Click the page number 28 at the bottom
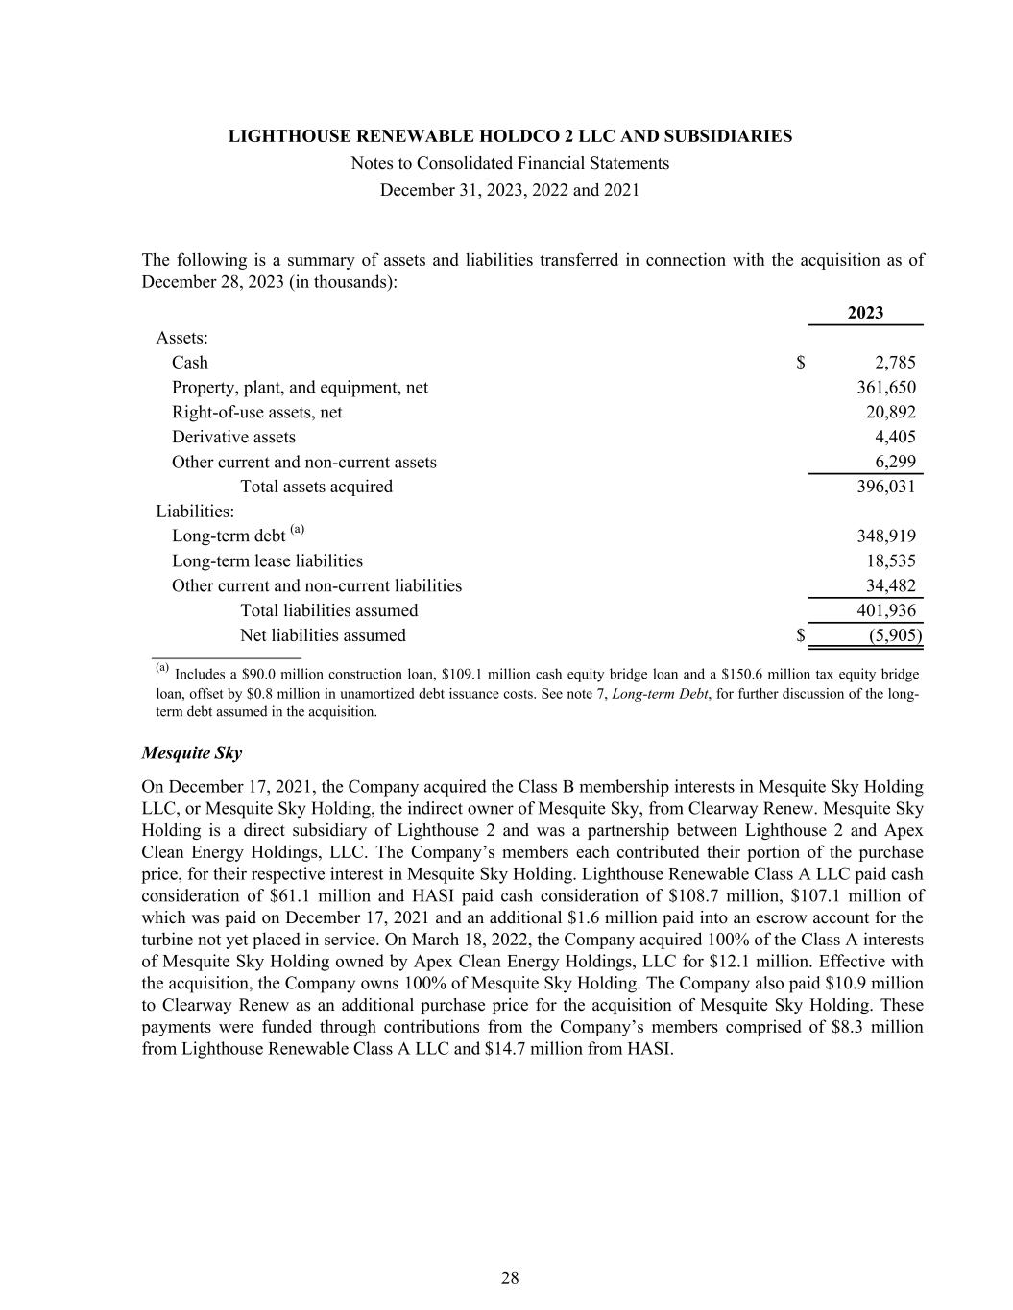tap(510, 1277)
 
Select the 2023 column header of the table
tap(865, 313)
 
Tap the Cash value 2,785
tap(895, 363)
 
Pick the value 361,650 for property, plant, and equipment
tap(885, 388)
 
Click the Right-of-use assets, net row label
tap(256, 413)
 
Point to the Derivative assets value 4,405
tap(895, 438)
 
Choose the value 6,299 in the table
tap(895, 463)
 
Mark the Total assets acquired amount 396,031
tap(885, 487)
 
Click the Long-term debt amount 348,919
tap(885, 536)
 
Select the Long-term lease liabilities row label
tap(267, 561)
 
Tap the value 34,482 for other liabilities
tap(890, 586)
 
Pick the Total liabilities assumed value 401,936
tap(885, 611)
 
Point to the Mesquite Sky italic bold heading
tap(191, 753)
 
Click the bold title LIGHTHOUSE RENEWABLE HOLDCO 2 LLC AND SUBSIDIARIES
tap(510, 136)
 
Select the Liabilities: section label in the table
tap(195, 512)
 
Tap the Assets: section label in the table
tap(182, 338)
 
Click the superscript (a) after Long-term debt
tap(298, 530)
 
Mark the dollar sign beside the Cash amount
tap(800, 363)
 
